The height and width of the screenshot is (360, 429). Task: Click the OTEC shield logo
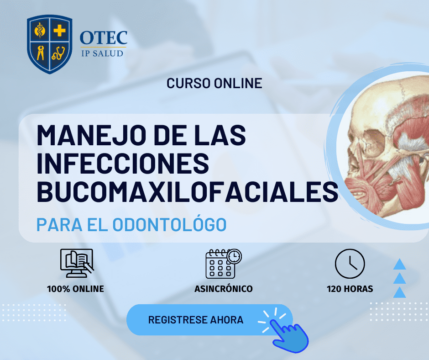(49, 44)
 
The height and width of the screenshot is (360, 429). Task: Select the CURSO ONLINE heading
(214, 83)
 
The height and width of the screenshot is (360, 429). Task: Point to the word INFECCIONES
(122, 164)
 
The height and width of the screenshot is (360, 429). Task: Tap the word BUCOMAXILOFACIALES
(187, 192)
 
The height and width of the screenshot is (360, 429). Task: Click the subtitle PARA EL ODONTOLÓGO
(131, 224)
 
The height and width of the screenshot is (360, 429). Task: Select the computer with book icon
(76, 263)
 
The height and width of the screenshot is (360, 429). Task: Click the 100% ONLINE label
(75, 289)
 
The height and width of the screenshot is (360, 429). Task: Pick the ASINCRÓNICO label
(223, 289)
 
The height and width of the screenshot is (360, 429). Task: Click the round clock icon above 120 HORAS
(350, 264)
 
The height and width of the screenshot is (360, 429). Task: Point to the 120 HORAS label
(350, 289)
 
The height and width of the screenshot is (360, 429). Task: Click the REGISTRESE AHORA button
(196, 320)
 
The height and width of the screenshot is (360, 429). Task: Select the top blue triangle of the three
(400, 264)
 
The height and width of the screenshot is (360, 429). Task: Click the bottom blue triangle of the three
(400, 292)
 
